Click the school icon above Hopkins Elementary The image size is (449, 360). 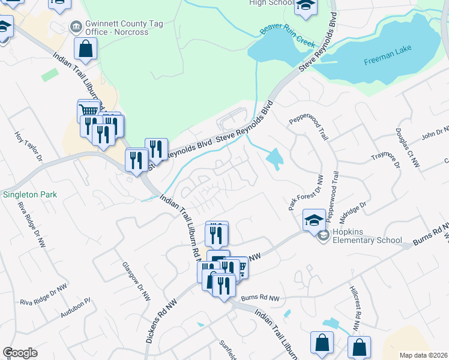315,220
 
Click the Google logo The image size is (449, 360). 20,352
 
